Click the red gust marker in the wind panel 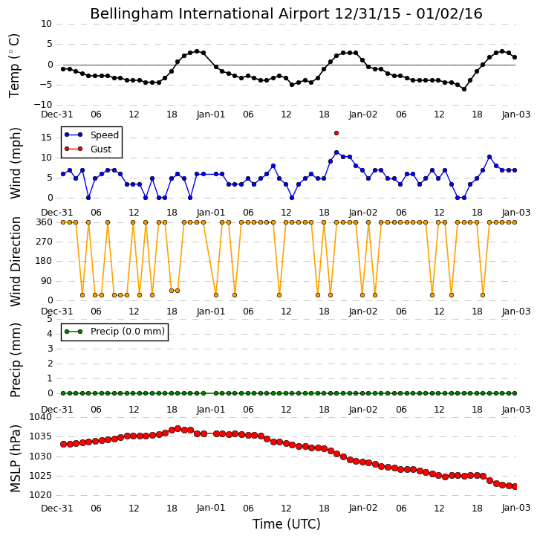click(x=336, y=133)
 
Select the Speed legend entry click(x=91, y=135)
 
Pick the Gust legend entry click(x=88, y=149)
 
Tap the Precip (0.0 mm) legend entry click(x=114, y=332)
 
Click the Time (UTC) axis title click(x=287, y=524)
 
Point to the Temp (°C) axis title click(x=14, y=65)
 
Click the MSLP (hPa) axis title click(x=15, y=458)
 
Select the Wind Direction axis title click(x=16, y=262)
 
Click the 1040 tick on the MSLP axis click(x=41, y=417)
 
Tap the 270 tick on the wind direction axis click(x=45, y=242)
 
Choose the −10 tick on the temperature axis click(x=43, y=105)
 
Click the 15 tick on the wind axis click(x=46, y=138)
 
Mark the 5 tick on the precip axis click(x=50, y=319)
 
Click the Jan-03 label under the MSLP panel click(x=516, y=508)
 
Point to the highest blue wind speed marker click(x=336, y=152)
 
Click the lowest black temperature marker click(x=464, y=89)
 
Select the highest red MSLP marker click(x=178, y=428)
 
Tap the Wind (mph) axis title click(x=16, y=163)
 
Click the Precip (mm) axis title click(x=16, y=361)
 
